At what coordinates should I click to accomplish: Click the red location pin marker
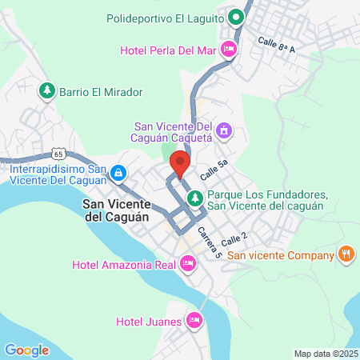tap(180, 163)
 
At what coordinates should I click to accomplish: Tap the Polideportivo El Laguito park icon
tap(236, 16)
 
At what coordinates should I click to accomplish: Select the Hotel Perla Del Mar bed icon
tap(228, 50)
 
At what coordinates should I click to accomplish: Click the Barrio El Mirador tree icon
tap(47, 91)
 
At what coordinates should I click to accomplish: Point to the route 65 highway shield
tap(58, 151)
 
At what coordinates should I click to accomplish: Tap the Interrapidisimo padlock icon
tap(118, 172)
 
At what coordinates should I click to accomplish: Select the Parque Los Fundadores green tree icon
tap(194, 197)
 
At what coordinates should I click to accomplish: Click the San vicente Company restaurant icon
tap(346, 255)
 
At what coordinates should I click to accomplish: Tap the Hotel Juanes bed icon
tap(194, 322)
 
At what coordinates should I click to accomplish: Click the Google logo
tap(26, 350)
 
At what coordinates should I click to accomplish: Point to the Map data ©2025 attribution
tap(325, 354)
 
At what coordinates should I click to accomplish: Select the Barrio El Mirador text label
tap(101, 92)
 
